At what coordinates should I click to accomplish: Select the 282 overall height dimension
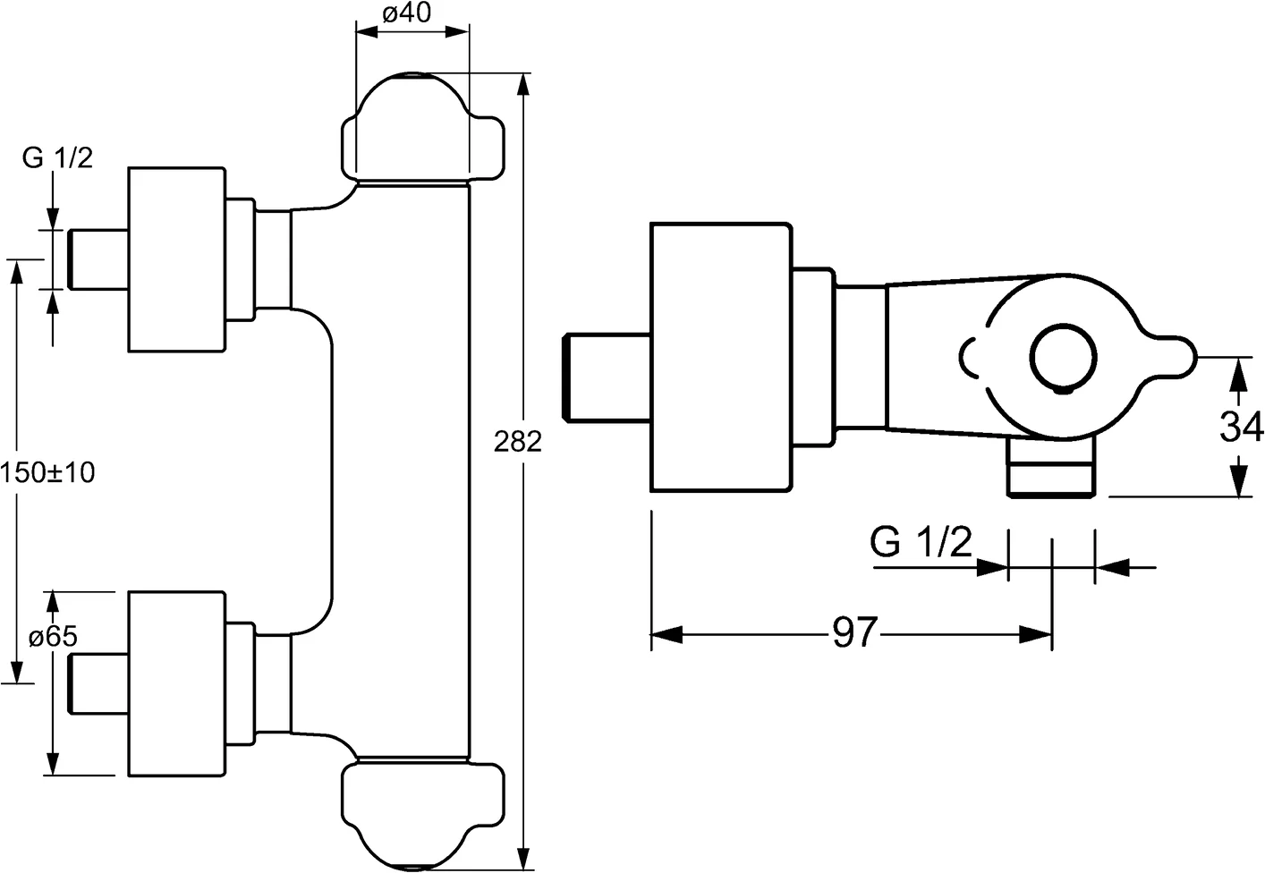[x=520, y=441]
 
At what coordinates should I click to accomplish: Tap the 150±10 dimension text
[x=47, y=471]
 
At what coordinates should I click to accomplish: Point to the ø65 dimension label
[x=53, y=638]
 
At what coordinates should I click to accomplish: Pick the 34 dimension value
[x=1241, y=428]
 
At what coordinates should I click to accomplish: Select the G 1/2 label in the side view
[x=921, y=543]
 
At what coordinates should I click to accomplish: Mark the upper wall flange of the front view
[x=176, y=259]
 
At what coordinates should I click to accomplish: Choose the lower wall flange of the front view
[x=176, y=684]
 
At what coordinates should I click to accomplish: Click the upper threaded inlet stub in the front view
[x=98, y=259]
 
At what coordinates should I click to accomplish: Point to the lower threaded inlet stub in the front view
[x=98, y=684]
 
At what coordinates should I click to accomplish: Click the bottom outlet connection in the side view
[x=1051, y=468]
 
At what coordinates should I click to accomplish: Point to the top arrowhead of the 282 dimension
[x=525, y=83]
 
